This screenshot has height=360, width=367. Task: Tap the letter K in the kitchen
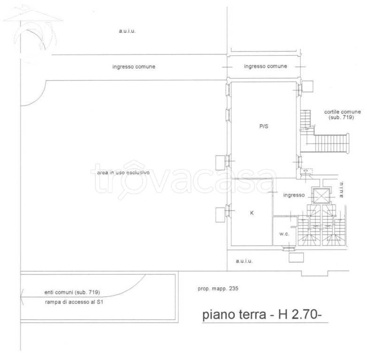click(252, 213)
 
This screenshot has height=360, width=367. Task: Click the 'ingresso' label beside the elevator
click(294, 195)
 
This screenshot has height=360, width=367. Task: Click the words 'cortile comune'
click(342, 112)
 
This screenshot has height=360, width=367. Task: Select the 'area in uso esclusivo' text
click(123, 172)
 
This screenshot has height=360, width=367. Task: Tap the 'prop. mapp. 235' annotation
click(218, 289)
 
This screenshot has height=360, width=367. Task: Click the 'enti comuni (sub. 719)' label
click(72, 292)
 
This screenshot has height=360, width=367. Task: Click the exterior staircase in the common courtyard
click(332, 142)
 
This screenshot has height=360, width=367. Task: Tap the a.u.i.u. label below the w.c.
click(244, 262)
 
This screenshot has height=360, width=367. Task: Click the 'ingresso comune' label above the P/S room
click(265, 67)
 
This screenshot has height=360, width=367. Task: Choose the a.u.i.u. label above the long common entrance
click(127, 31)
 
